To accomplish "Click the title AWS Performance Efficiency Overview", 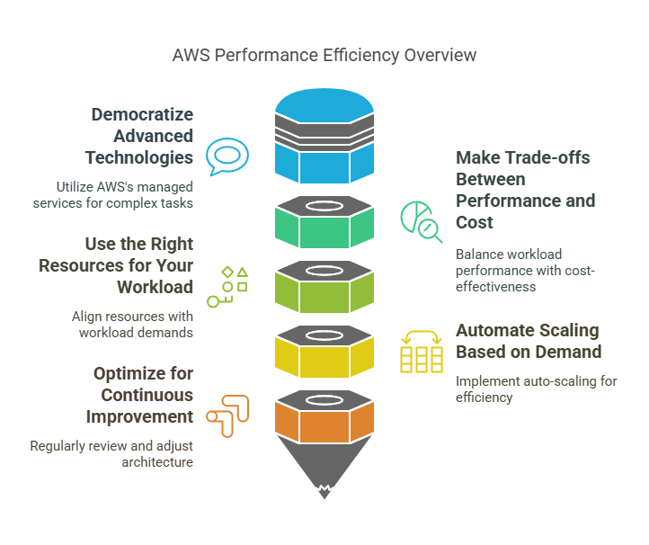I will tap(324, 55).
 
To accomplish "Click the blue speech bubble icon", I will tap(227, 157).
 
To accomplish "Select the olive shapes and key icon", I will tap(227, 286).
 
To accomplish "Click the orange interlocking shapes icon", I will tap(227, 415).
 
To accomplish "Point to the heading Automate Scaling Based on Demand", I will tap(529, 340).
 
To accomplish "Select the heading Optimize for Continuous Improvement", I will tap(142, 395).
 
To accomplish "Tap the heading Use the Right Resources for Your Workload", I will tap(139, 265).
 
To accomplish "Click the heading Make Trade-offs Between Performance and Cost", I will tap(525, 190).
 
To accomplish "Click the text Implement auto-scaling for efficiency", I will tap(536, 389).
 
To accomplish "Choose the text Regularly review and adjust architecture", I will tap(111, 453).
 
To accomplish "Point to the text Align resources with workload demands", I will tap(132, 324).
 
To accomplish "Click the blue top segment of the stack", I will tap(324, 163).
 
